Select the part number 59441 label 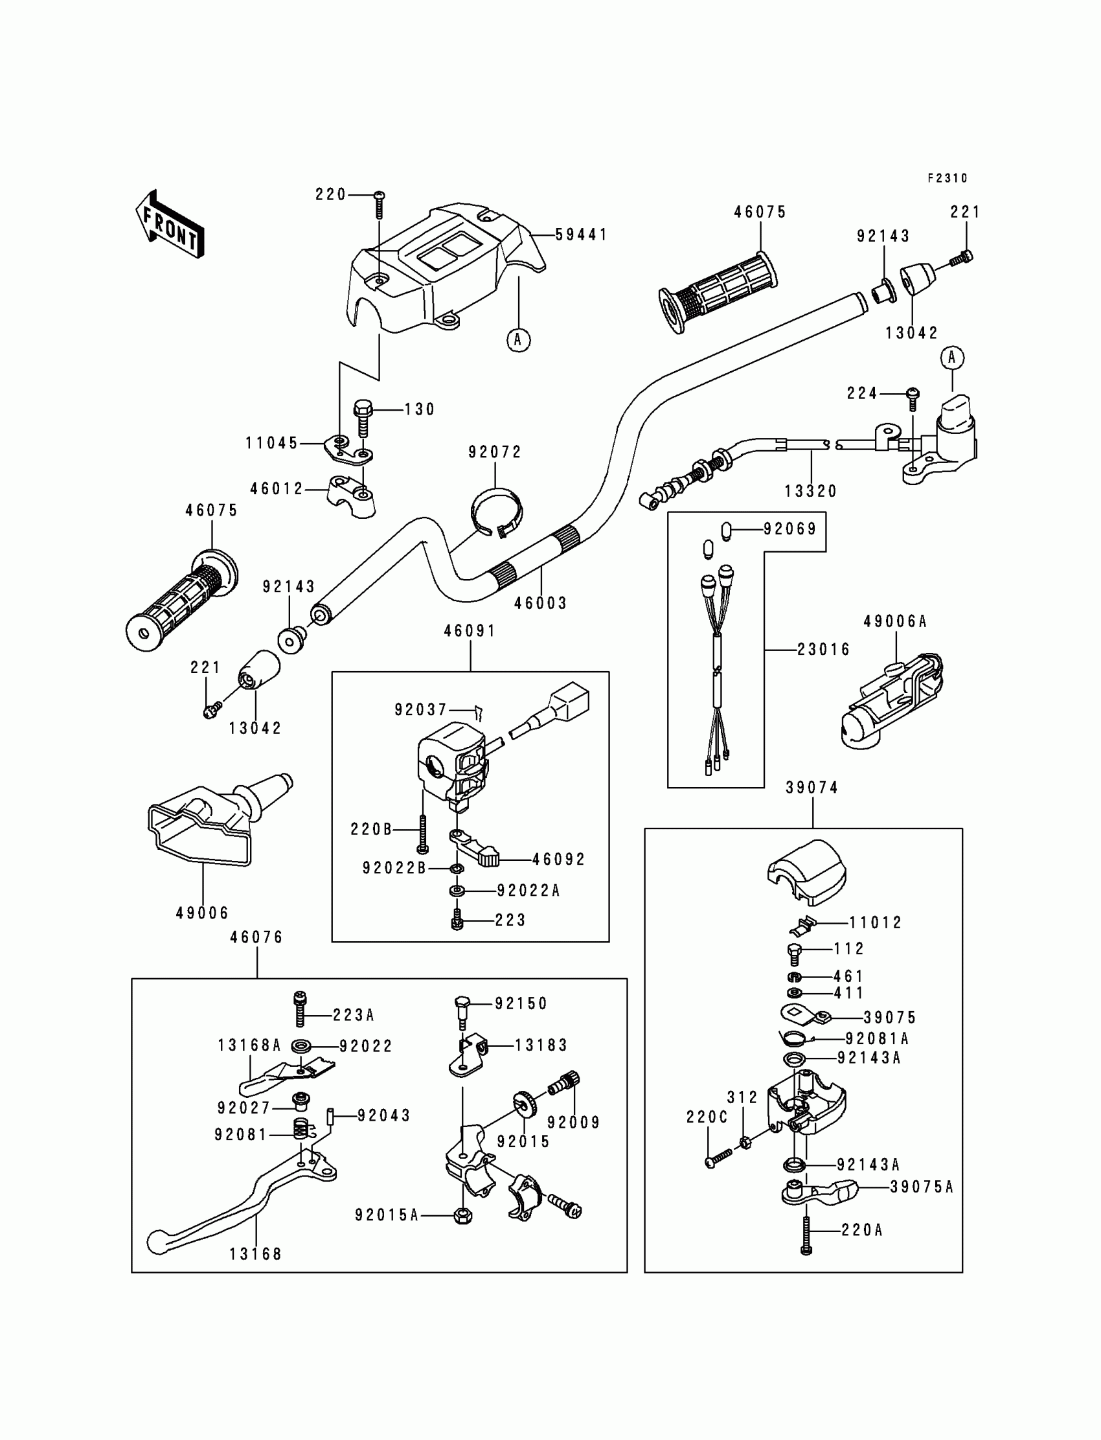pos(582,234)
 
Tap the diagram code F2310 pos(947,178)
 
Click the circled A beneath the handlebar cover pos(518,339)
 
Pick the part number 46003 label pos(541,603)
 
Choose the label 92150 pos(521,1003)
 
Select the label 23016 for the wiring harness pos(823,650)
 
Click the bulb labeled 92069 pos(725,530)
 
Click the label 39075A pos(922,1187)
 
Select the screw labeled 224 pos(913,396)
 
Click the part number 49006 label pos(203,913)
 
